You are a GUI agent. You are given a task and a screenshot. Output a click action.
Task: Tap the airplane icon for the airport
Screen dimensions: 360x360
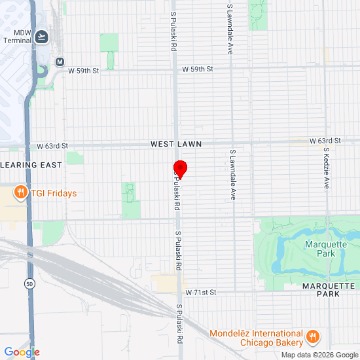pos(43,36)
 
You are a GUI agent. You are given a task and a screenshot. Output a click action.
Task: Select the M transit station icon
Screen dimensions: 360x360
pos(60,62)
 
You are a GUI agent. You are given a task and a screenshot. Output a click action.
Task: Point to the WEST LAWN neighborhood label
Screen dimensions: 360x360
pos(176,143)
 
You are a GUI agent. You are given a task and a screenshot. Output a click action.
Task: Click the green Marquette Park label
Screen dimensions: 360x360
pos(325,249)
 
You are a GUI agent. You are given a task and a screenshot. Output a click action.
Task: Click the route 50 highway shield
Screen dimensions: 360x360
pos(29,283)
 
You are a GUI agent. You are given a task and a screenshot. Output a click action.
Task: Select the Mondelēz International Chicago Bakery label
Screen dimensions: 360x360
pos(256,338)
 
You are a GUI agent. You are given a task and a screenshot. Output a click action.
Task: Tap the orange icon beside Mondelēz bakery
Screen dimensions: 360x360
pos(313,336)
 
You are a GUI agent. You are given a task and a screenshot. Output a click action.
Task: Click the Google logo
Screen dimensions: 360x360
pos(22,352)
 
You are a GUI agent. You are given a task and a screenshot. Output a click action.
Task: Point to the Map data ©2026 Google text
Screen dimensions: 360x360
pos(319,355)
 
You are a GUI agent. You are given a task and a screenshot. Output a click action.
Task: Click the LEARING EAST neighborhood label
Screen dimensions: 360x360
pos(31,165)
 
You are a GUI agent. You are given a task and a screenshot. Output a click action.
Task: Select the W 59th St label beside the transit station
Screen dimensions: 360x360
pos(84,71)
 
